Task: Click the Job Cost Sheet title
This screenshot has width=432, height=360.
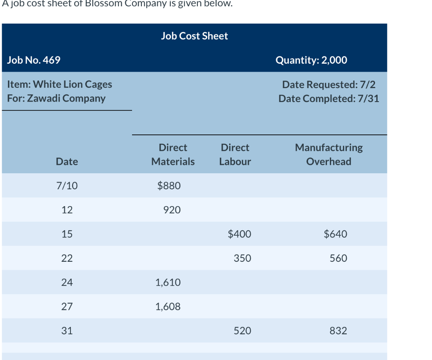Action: coord(194,36)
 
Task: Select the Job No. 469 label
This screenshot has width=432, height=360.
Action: coord(34,60)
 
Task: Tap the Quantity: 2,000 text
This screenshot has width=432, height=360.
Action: coord(311,60)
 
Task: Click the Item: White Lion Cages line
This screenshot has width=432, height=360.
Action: coord(60,84)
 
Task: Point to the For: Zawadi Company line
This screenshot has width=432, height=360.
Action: coord(57,98)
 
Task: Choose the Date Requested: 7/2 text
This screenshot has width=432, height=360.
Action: coord(329,84)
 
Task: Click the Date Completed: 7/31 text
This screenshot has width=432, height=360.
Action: coord(329,99)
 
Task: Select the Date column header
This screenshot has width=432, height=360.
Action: coord(67,161)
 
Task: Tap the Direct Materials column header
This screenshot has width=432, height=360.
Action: coord(173,154)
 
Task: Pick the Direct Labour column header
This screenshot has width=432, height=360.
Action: coord(235,154)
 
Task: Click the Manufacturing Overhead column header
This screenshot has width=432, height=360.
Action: coord(329,154)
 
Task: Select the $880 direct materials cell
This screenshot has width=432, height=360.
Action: coord(169,185)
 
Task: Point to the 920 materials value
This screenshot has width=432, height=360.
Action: coord(172,210)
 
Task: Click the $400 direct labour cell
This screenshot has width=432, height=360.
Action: coord(239,234)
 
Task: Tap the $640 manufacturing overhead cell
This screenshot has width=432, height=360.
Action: coord(335,234)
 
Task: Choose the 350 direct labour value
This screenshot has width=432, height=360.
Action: coord(242,258)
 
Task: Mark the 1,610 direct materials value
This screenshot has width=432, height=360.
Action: coord(168,282)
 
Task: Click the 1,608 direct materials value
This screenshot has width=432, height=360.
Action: coord(168,307)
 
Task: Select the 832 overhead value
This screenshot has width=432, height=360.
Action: coord(338,331)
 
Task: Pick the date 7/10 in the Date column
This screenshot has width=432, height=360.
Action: coord(67,185)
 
